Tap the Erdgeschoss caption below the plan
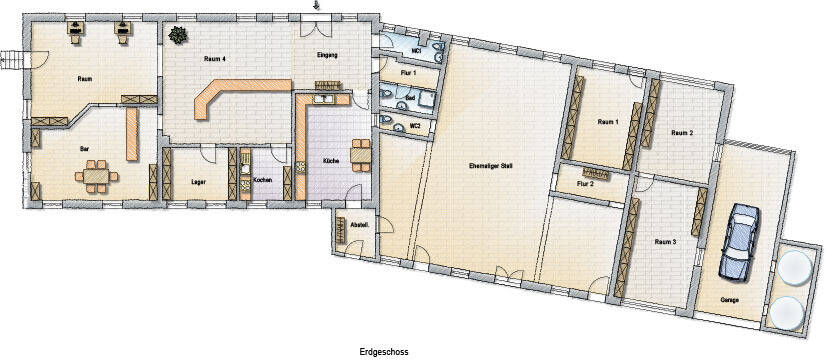coord(384,352)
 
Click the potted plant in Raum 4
coord(178,36)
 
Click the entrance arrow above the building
coord(318,6)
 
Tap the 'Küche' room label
coord(330,160)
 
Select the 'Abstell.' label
coord(358,225)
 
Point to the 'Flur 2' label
coord(586,184)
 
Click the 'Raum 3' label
coord(666,242)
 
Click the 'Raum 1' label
coord(608,121)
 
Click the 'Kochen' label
coord(262,180)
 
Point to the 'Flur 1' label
coord(407,75)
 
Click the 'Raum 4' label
coord(214,61)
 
